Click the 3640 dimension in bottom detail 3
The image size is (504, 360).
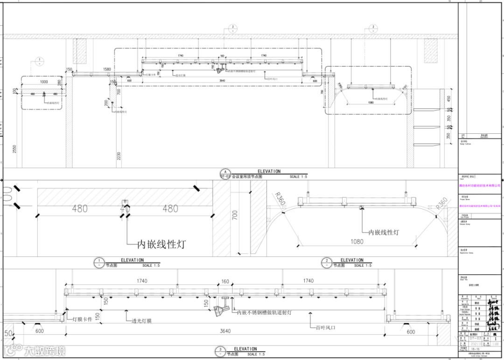(x=225, y=331)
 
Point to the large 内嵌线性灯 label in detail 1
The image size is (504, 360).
(x=160, y=244)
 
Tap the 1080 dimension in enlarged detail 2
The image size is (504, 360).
(x=357, y=242)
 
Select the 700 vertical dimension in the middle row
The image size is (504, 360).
(x=235, y=215)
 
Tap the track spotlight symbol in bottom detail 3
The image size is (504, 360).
(x=219, y=310)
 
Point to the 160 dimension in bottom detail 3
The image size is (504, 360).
(x=225, y=281)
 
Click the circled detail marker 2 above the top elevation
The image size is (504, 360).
(x=373, y=27)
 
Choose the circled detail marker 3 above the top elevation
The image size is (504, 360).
(x=232, y=27)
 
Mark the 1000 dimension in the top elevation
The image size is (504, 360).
(x=44, y=82)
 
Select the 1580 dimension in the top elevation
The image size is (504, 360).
(x=106, y=69)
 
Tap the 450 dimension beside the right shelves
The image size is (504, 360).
(x=448, y=99)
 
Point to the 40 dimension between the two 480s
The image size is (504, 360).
(x=125, y=209)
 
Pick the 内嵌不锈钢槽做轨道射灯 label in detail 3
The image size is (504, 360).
(x=264, y=312)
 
